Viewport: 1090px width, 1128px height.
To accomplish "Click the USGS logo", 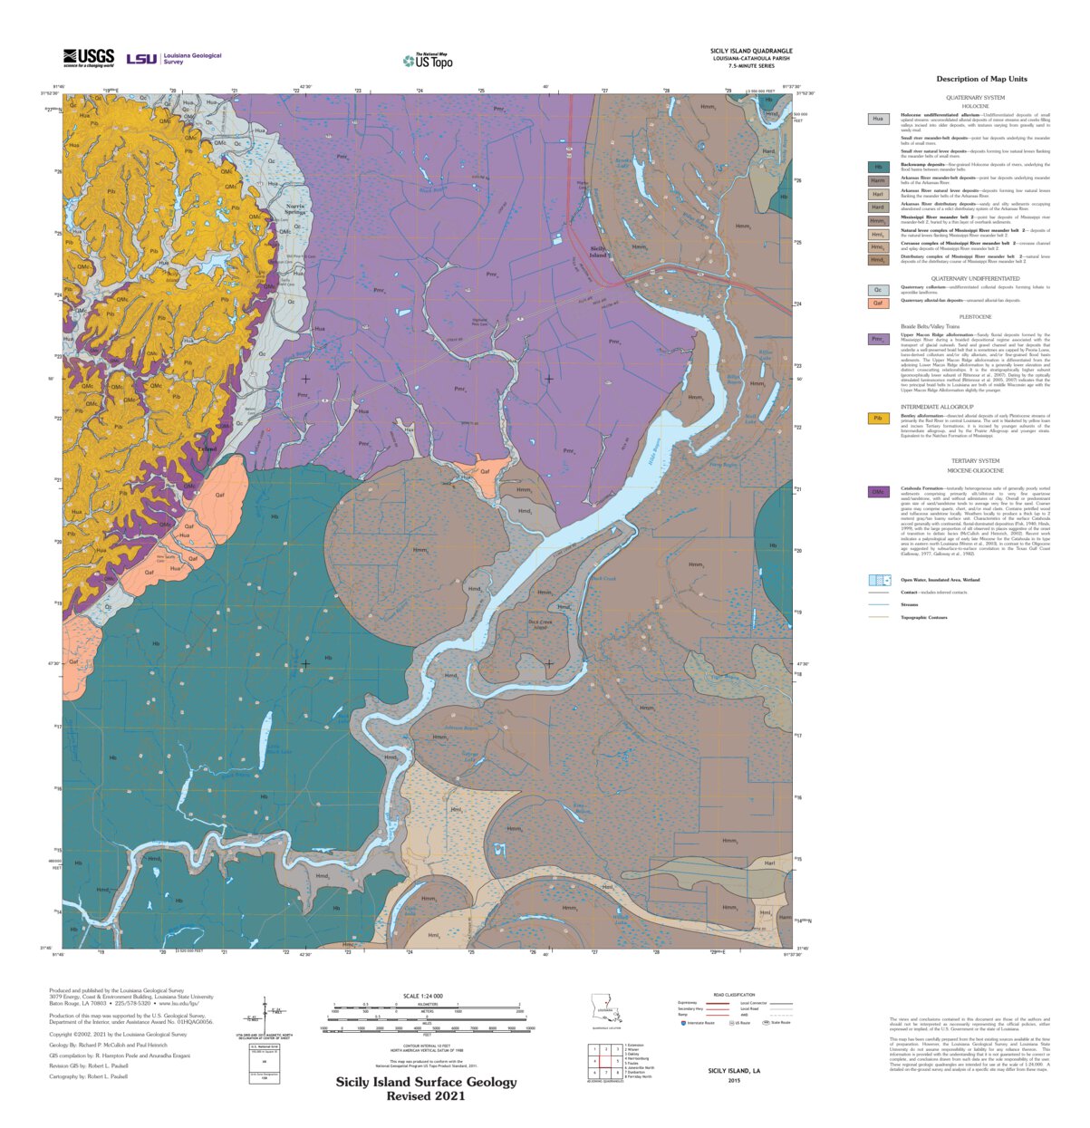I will [88, 58].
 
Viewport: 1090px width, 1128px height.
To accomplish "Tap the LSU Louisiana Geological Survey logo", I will [173, 58].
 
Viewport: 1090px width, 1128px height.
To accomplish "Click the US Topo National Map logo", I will [428, 61].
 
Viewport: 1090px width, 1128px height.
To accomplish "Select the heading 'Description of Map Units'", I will [981, 79].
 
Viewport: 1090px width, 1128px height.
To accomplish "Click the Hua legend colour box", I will [878, 119].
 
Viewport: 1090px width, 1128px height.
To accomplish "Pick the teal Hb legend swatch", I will [878, 167].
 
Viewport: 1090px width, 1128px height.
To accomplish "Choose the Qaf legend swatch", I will [878, 302].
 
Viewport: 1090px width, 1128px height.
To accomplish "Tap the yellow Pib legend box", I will [878, 419].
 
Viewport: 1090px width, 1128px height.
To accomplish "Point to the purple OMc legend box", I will [878, 492].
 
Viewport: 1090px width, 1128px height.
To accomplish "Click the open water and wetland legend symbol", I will [878, 580].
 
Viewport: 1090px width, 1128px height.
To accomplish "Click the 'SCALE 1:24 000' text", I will [420, 996].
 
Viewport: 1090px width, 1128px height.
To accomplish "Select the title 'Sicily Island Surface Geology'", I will [426, 1082].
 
